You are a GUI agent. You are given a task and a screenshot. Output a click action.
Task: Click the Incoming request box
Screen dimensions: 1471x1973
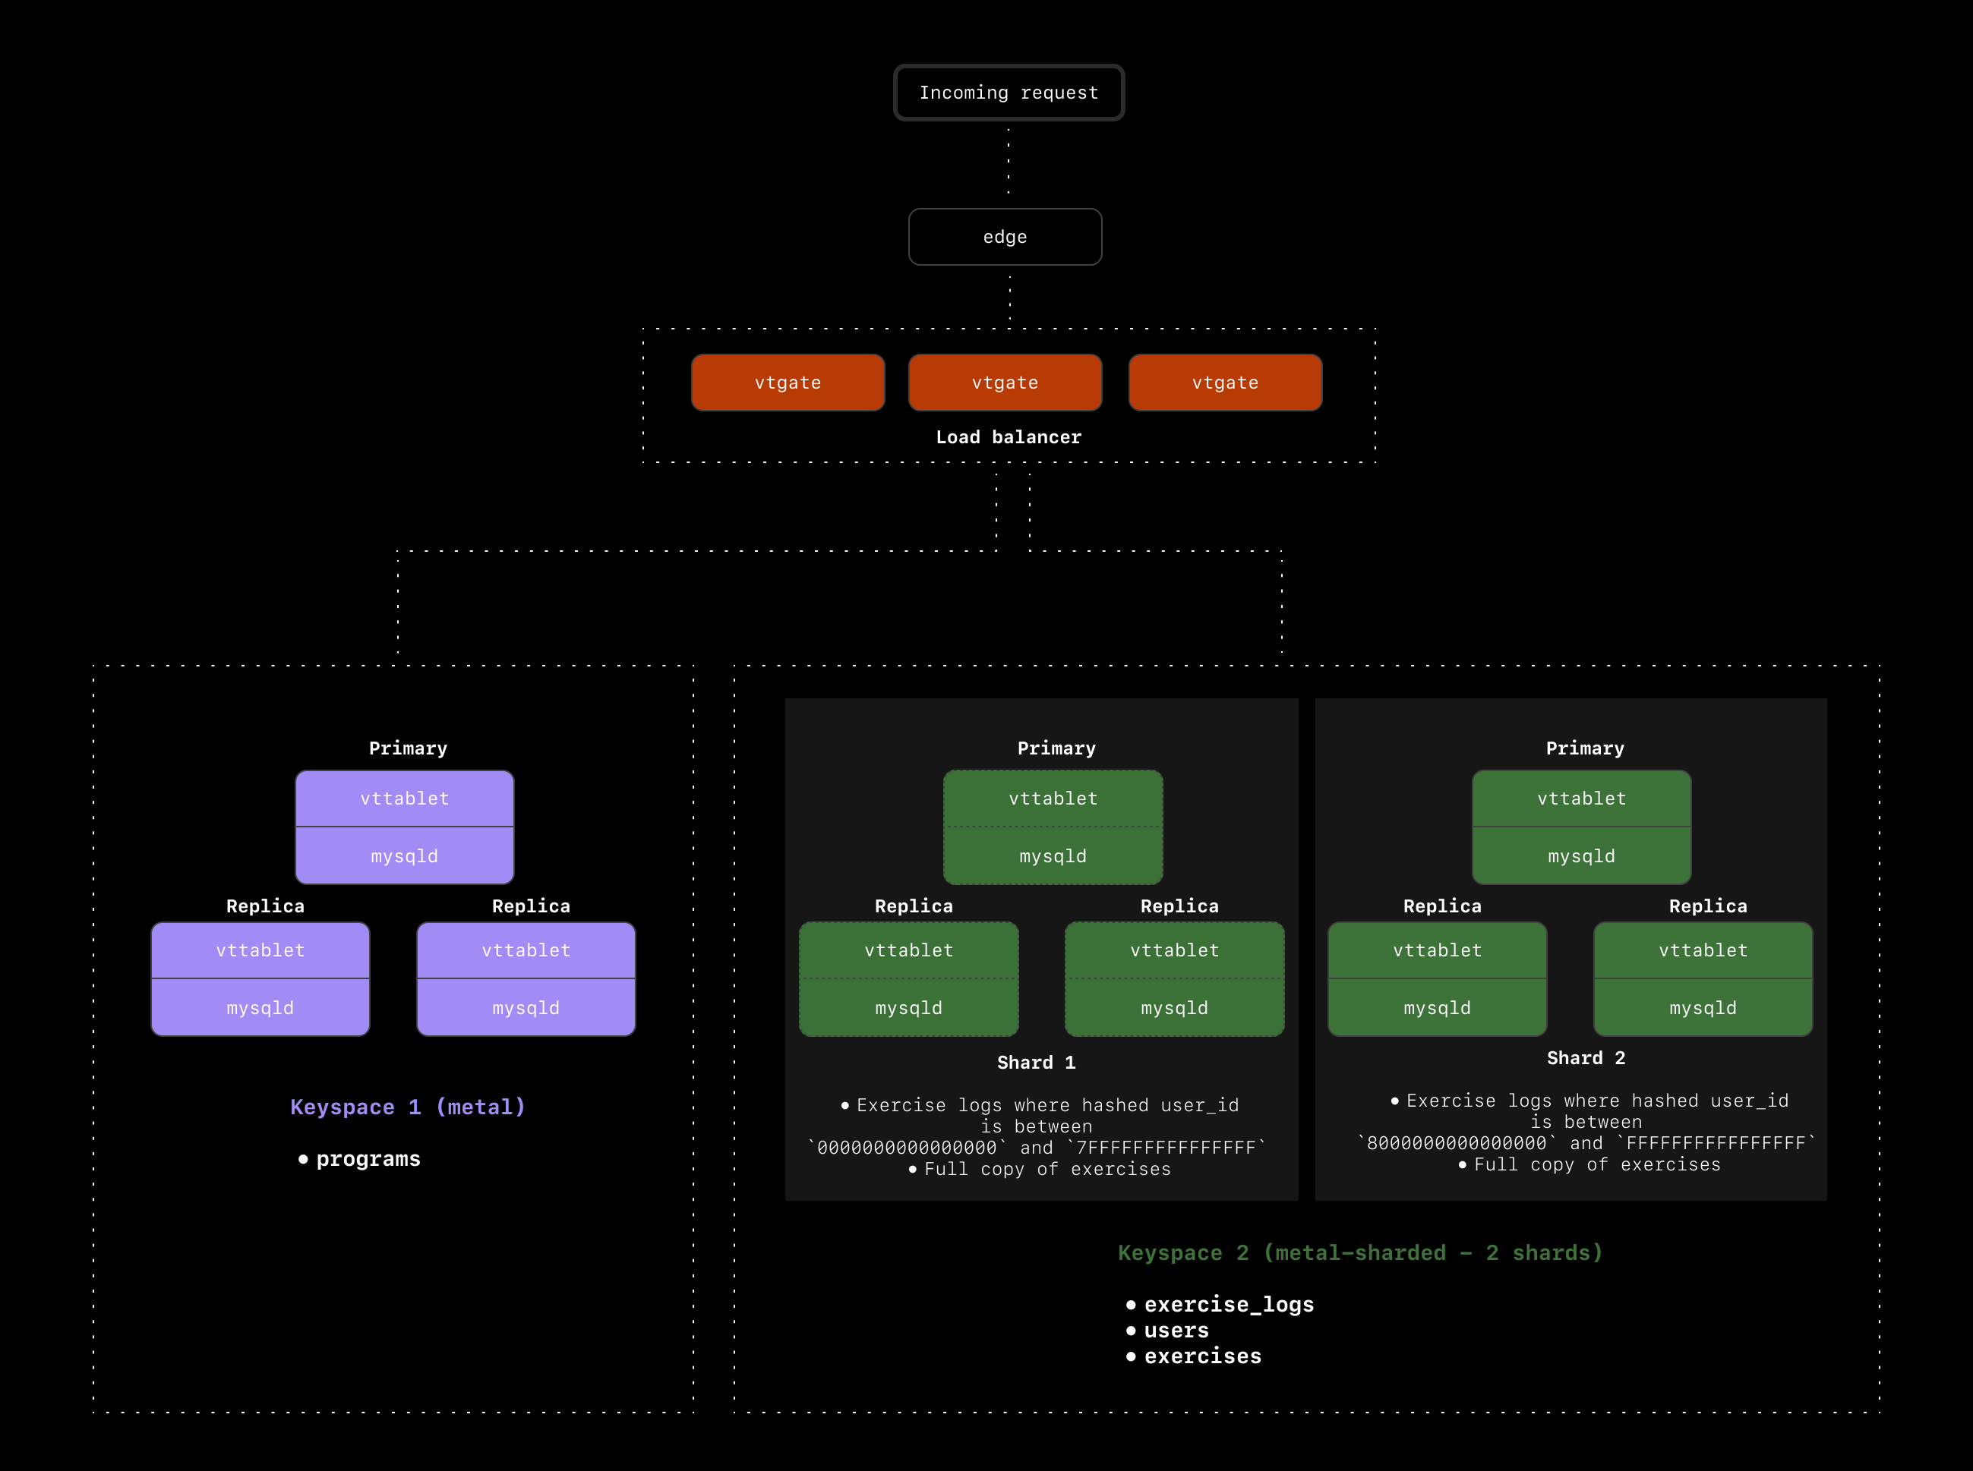pyautogui.click(x=1009, y=93)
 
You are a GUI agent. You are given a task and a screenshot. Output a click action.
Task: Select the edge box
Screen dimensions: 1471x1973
pyautogui.click(x=1005, y=237)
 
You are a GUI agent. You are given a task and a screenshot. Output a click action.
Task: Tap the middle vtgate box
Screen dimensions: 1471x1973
pyautogui.click(x=1005, y=383)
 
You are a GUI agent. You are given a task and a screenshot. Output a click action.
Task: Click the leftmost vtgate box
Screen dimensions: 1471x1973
pyautogui.click(x=788, y=383)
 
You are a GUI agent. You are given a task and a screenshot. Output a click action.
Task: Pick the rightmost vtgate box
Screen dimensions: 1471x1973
pyautogui.click(x=1225, y=383)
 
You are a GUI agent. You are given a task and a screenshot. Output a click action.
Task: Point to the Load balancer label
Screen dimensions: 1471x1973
pyautogui.click(x=1009, y=437)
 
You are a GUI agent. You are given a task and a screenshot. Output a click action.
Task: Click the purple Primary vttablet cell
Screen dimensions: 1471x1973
pyautogui.click(x=405, y=798)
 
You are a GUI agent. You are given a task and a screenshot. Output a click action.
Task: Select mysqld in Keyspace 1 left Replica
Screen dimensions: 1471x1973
pyautogui.click(x=260, y=1008)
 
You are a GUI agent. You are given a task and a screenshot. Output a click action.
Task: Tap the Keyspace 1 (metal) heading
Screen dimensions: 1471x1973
pyautogui.click(x=408, y=1107)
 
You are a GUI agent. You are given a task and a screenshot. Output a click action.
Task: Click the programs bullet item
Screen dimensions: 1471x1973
pyautogui.click(x=368, y=1159)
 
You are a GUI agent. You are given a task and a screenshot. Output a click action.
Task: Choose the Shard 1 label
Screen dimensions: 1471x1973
pyautogui.click(x=1036, y=1063)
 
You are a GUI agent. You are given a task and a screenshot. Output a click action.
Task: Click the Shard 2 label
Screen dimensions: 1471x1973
pyautogui.click(x=1586, y=1058)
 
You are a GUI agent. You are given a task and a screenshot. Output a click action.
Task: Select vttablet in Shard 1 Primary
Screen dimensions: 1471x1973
pyautogui.click(x=1053, y=798)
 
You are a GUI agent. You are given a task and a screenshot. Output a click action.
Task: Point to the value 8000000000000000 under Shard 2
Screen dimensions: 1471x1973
pyautogui.click(x=1457, y=1143)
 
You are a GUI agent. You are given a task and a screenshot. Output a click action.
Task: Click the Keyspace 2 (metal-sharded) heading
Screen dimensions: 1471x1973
pyautogui.click(x=1360, y=1253)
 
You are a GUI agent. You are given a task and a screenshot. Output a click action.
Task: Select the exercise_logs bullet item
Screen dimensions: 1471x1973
pyautogui.click(x=1228, y=1305)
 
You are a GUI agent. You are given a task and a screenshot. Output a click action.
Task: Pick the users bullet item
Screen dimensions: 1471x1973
pyautogui.click(x=1176, y=1331)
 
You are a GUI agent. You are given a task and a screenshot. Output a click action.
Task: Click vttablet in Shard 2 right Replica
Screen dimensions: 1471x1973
pyautogui.click(x=1702, y=950)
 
